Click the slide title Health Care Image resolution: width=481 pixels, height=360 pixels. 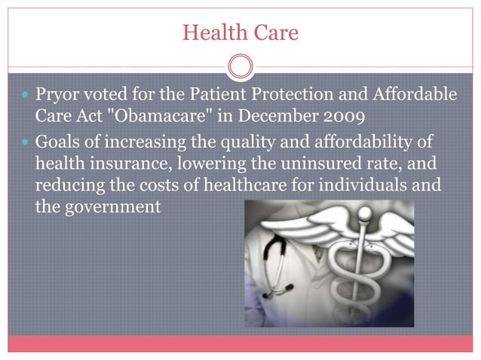click(240, 32)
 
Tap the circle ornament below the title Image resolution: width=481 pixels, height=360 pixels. click(240, 68)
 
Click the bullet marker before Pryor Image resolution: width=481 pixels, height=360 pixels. click(26, 98)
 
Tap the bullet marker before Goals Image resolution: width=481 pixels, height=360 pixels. click(26, 144)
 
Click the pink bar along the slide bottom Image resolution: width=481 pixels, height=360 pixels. click(240, 343)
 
